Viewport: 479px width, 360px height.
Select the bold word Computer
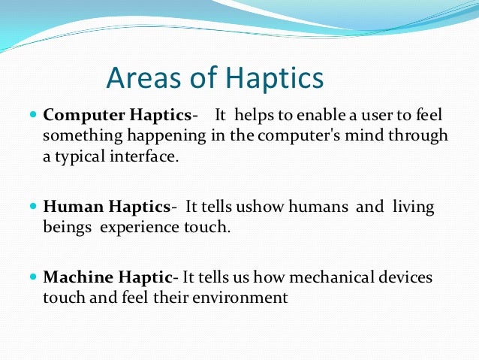[77, 116]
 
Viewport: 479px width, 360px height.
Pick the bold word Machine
[73, 278]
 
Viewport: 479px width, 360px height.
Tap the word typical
[81, 158]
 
